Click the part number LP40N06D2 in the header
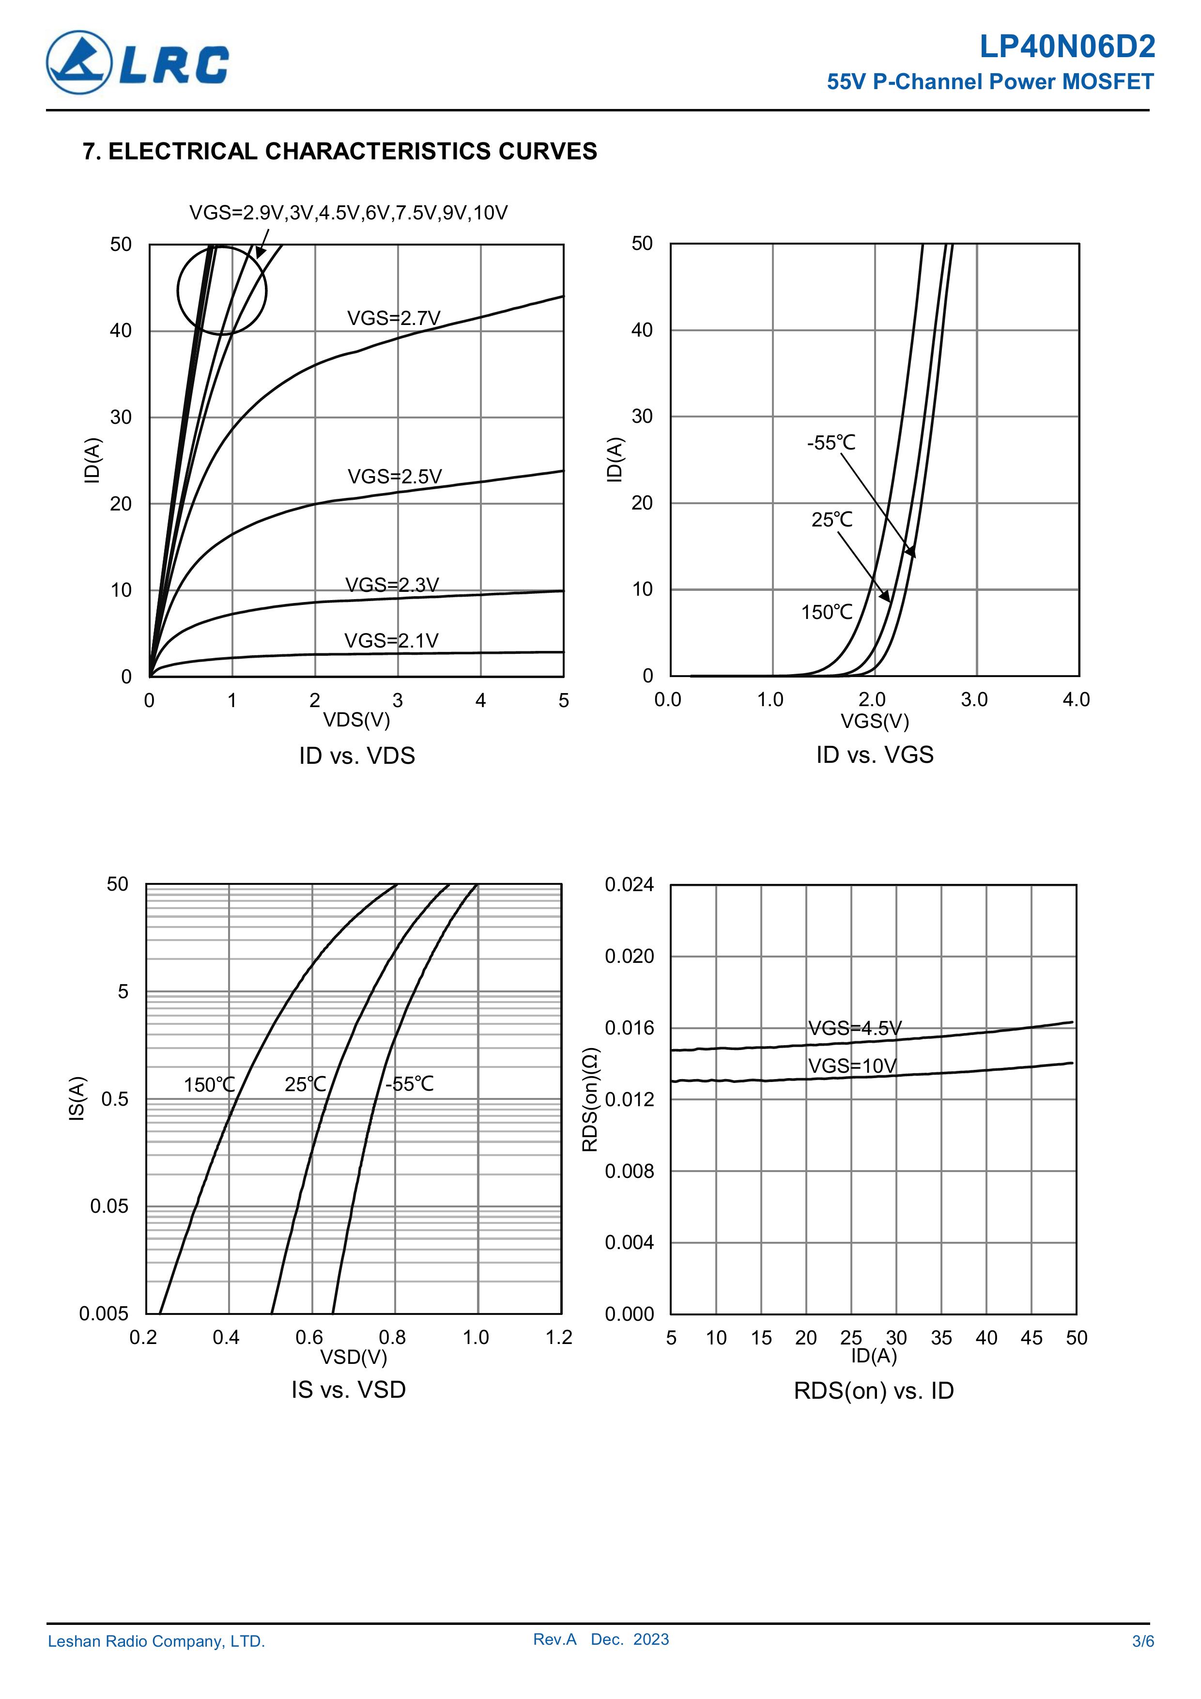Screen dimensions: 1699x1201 point(1066,47)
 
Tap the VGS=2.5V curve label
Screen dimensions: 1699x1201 point(394,477)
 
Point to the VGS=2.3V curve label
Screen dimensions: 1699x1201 point(392,586)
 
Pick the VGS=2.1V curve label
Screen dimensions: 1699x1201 point(391,641)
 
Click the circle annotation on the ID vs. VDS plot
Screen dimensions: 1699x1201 point(221,290)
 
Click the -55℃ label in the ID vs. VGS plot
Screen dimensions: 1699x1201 point(831,443)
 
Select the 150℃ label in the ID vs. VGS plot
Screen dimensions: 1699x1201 point(827,613)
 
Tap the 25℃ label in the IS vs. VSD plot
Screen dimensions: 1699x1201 point(306,1085)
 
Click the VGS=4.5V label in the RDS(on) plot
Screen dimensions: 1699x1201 point(855,1029)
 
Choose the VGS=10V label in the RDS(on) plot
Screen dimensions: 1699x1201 point(852,1066)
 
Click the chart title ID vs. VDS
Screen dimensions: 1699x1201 point(357,756)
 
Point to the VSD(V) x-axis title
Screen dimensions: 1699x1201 point(353,1357)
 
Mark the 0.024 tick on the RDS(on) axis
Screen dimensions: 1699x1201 point(629,885)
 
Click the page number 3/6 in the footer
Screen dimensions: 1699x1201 point(1142,1641)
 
